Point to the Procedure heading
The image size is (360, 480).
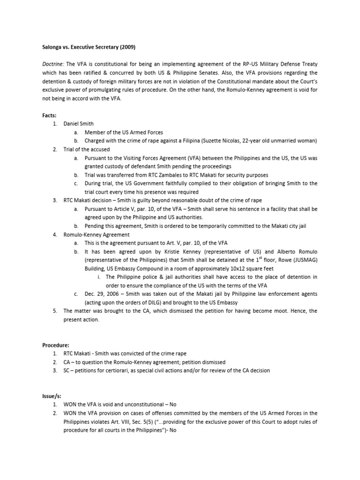click(53, 345)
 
